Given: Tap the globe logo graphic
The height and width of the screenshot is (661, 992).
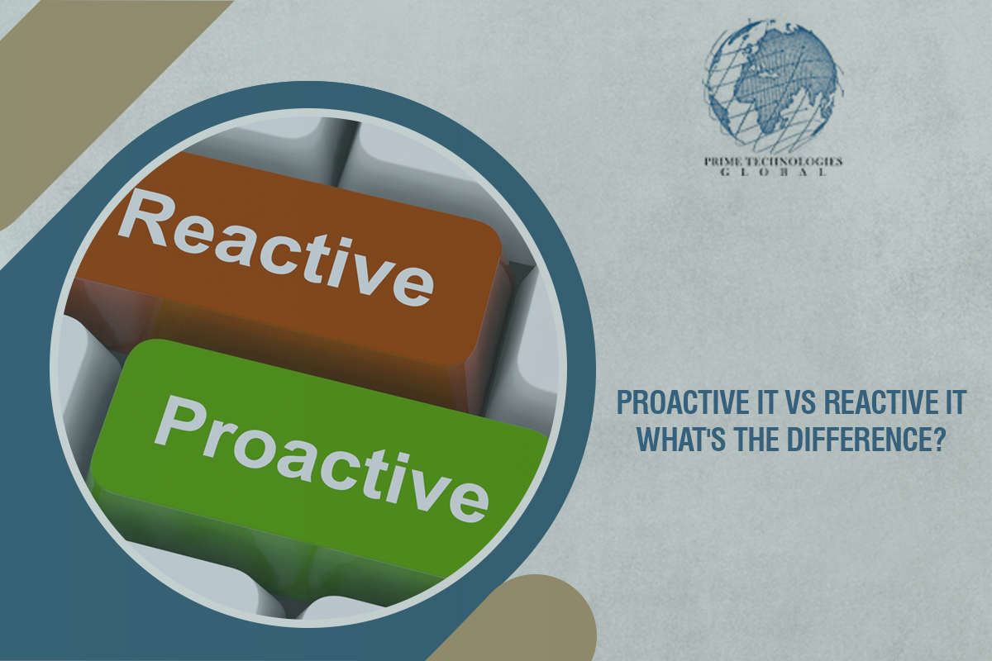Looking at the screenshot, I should [x=772, y=87].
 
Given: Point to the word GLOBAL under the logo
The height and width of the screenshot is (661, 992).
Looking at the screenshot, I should [x=772, y=174].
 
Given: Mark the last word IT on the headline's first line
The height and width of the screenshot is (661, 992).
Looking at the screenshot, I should [x=955, y=406].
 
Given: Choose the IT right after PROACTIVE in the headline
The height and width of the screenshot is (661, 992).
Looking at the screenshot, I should [x=760, y=406].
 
